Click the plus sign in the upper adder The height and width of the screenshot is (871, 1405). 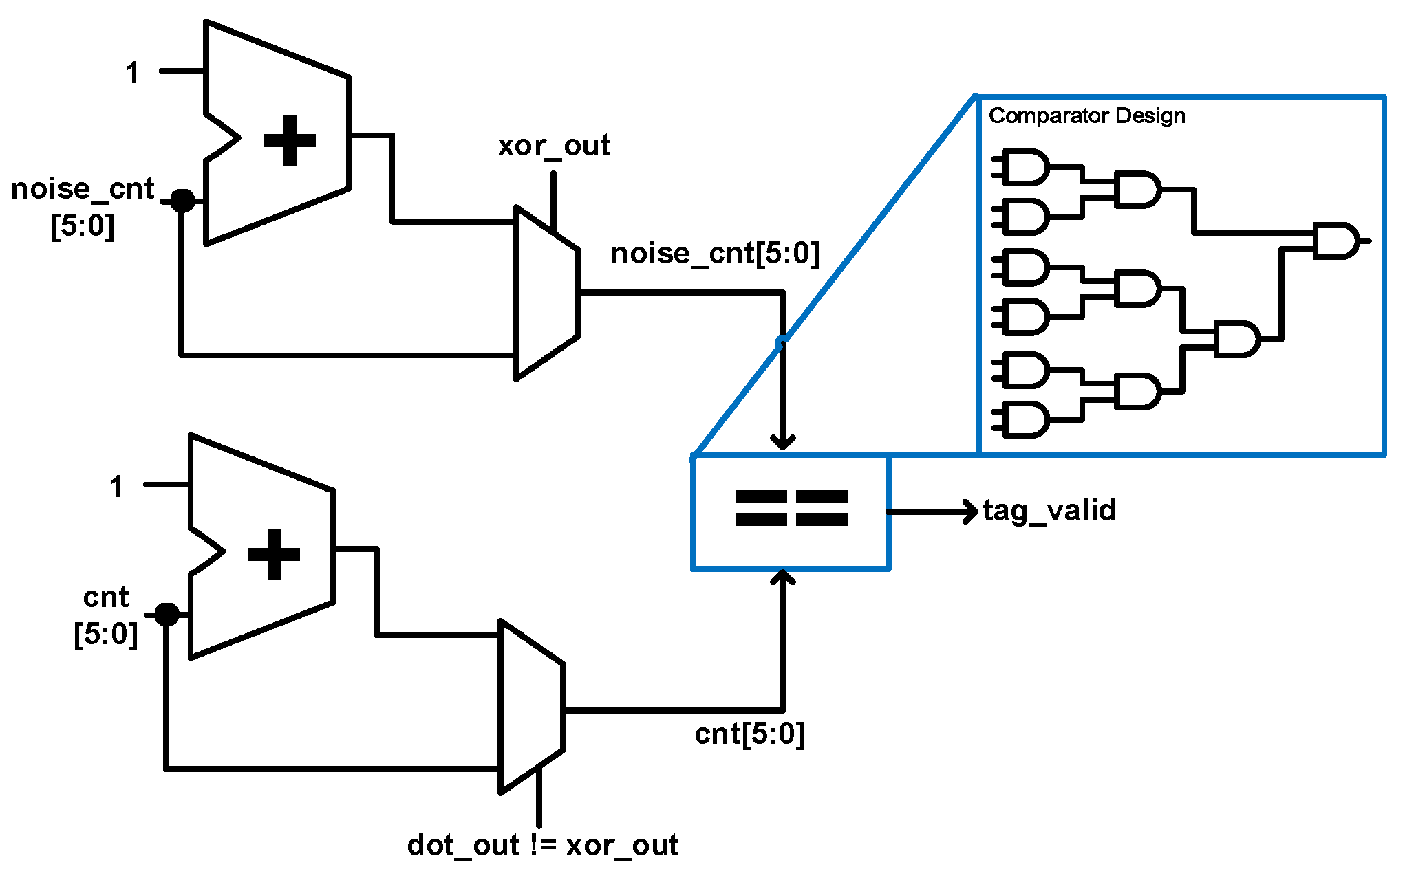(x=290, y=141)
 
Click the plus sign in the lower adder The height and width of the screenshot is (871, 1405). (x=274, y=555)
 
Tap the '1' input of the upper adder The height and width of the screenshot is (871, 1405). (x=133, y=73)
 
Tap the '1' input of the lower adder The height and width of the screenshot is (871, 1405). (x=117, y=487)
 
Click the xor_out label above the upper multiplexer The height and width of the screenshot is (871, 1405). (x=554, y=146)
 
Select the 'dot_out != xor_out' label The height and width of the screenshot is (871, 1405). (x=542, y=845)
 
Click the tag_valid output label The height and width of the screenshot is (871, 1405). (x=1049, y=511)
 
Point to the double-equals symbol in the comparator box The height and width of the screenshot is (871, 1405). (x=791, y=509)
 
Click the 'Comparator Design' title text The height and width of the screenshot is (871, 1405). (x=1086, y=115)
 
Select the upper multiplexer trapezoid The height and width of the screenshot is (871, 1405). (x=547, y=293)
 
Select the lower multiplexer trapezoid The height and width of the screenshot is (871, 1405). (x=531, y=707)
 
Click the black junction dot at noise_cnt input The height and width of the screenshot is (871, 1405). (x=182, y=201)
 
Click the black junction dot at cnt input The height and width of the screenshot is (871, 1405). (x=167, y=614)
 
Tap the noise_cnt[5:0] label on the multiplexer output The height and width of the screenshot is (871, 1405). (x=715, y=254)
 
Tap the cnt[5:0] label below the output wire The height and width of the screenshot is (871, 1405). (x=749, y=734)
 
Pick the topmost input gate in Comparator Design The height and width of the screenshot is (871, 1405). (x=1025, y=167)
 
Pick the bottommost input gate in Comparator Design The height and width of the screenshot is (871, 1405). (x=1025, y=419)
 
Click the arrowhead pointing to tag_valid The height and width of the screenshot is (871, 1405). (x=971, y=511)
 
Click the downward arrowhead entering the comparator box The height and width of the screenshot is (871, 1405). (x=782, y=441)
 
